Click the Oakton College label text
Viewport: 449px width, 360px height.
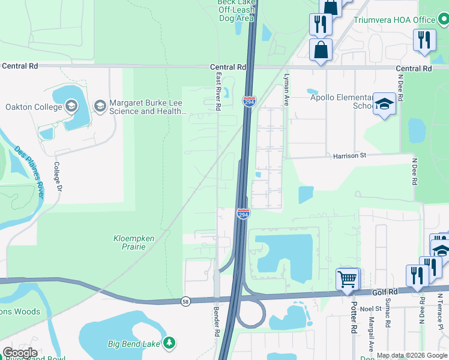click(34, 107)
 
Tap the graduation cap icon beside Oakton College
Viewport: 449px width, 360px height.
click(71, 107)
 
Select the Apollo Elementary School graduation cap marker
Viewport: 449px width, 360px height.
click(384, 104)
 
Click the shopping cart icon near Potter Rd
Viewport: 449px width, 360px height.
click(348, 278)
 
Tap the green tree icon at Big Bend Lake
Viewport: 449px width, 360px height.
click(170, 343)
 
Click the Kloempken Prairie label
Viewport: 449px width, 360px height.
click(134, 242)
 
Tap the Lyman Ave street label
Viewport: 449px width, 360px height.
click(287, 88)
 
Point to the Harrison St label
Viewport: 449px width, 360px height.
click(350, 155)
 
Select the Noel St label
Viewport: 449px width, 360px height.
click(371, 308)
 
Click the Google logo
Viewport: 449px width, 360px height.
click(19, 353)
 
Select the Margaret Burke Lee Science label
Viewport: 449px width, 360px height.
click(147, 107)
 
